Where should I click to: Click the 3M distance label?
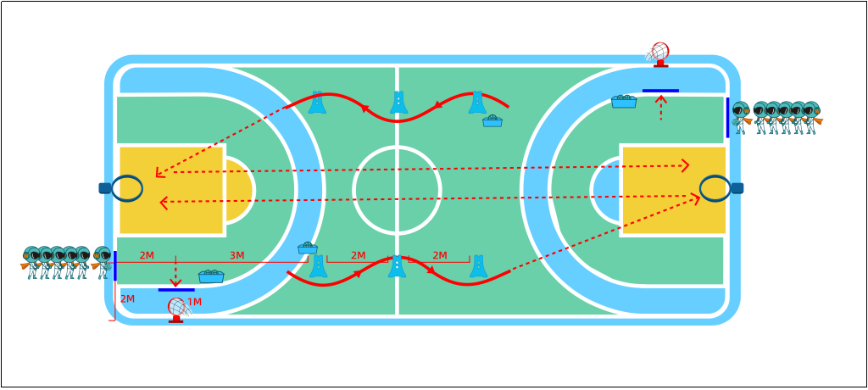(x=236, y=256)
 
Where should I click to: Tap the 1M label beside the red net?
(x=194, y=303)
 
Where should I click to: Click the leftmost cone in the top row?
(x=317, y=103)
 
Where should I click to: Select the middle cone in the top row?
(x=398, y=103)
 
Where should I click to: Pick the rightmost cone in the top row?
(x=477, y=103)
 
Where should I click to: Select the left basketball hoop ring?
(x=127, y=188)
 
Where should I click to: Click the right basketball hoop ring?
(x=715, y=188)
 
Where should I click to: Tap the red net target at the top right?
(x=659, y=53)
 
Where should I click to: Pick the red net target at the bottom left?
(x=177, y=309)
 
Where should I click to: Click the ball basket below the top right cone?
(x=492, y=121)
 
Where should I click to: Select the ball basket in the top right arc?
(x=624, y=101)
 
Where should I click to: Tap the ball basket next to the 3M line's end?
(x=308, y=248)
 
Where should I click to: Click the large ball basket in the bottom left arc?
(x=211, y=276)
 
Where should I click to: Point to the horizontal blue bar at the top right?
(x=660, y=90)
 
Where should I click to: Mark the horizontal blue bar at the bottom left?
(x=176, y=290)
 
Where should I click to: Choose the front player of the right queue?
(x=740, y=117)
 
